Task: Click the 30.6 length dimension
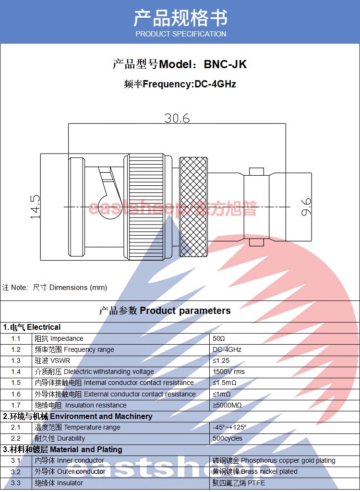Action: pyautogui.click(x=177, y=118)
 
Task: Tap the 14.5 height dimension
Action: pyautogui.click(x=35, y=207)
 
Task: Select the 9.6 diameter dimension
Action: pyautogui.click(x=306, y=207)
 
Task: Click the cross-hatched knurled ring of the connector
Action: pyautogui.click(x=193, y=207)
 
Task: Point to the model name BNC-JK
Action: pyautogui.click(x=225, y=64)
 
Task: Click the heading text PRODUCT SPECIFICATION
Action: pyautogui.click(x=181, y=34)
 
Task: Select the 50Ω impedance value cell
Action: pyautogui.click(x=219, y=338)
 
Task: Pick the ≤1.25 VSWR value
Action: pyautogui.click(x=221, y=360)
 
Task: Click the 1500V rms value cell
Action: pyautogui.click(x=228, y=372)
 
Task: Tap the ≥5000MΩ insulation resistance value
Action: pyautogui.click(x=227, y=405)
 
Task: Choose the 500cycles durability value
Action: pyautogui.click(x=227, y=438)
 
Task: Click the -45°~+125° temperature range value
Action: pyautogui.click(x=229, y=427)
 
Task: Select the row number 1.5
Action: pyautogui.click(x=16, y=383)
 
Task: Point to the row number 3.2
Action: pyautogui.click(x=16, y=472)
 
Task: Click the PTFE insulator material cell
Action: pyautogui.click(x=239, y=483)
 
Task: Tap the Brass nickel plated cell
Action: pyautogui.click(x=255, y=472)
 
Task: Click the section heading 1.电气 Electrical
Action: pyautogui.click(x=32, y=327)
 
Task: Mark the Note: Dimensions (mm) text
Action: pyautogui.click(x=55, y=288)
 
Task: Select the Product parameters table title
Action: pyautogui.click(x=165, y=311)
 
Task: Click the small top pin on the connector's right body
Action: pyautogui.click(x=256, y=171)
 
